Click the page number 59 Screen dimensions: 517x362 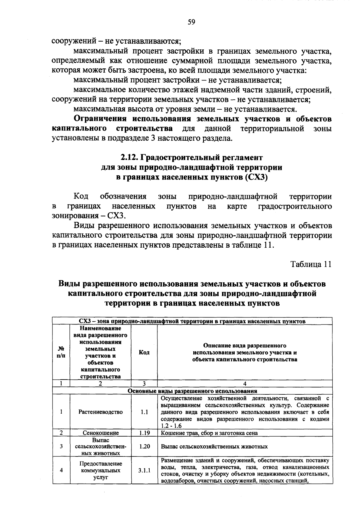[191, 22]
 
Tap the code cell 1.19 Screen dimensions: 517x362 [144, 433]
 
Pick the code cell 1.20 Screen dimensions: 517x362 [144, 446]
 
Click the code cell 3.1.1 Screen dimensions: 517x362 [144, 470]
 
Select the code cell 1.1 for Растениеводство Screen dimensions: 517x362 [144, 412]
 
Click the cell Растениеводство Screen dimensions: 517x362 [100, 412]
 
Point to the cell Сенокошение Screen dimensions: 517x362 [100, 433]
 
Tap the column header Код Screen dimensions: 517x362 [144, 352]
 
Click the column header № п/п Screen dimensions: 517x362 [61, 352]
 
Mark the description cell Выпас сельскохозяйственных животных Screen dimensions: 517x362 [214, 446]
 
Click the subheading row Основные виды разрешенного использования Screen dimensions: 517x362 [192, 391]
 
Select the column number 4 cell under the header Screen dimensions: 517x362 [245, 384]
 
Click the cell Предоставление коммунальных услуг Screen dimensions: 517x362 [100, 470]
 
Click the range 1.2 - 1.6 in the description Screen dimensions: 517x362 [171, 426]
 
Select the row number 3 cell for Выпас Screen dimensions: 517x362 [61, 446]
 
